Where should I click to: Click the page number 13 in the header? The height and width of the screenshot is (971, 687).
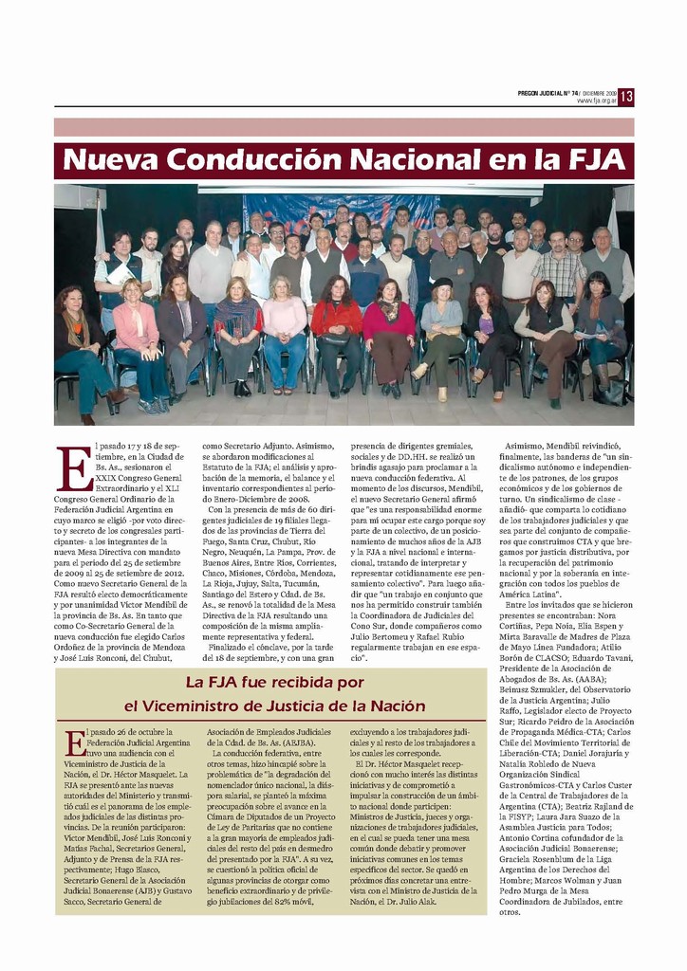point(626,97)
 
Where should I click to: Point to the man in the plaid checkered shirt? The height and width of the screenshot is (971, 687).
point(557,270)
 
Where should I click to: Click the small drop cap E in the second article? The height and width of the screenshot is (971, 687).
point(75,742)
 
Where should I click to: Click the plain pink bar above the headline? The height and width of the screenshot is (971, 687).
point(343,127)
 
